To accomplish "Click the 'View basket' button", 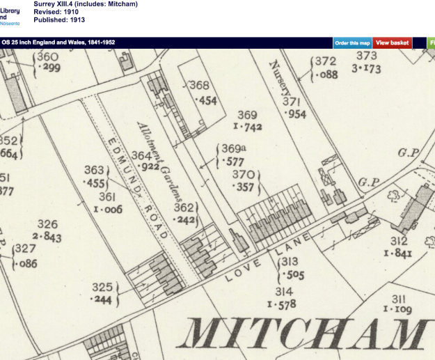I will [393, 42].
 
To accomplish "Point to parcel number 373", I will [366, 56].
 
